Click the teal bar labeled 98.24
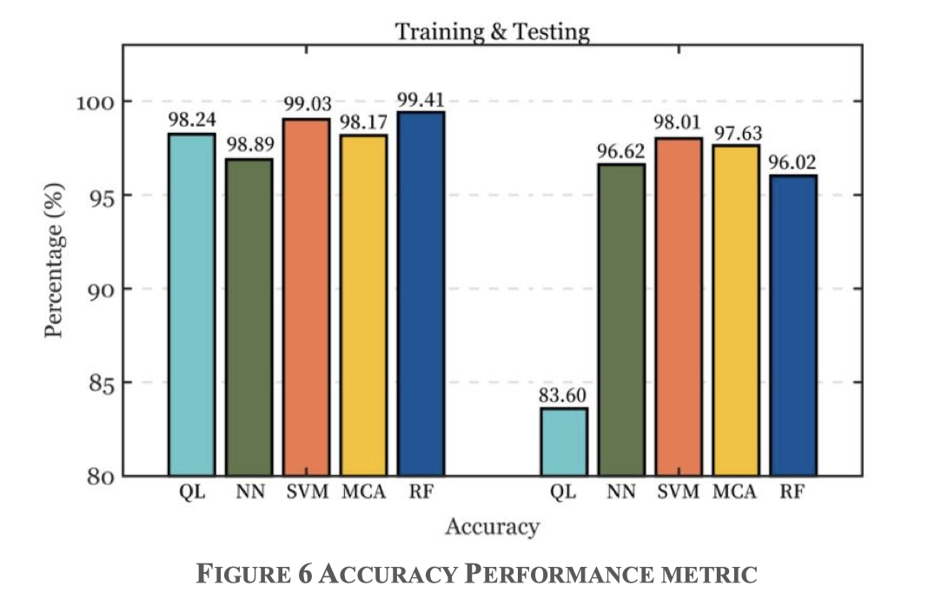click(x=191, y=305)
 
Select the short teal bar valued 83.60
click(x=563, y=442)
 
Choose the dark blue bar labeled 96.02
click(x=792, y=326)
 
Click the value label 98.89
click(x=249, y=143)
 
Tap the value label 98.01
click(x=678, y=122)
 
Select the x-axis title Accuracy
click(x=492, y=527)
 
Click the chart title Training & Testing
click(x=492, y=32)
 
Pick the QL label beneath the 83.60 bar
click(x=563, y=492)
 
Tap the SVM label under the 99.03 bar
click(x=307, y=492)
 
